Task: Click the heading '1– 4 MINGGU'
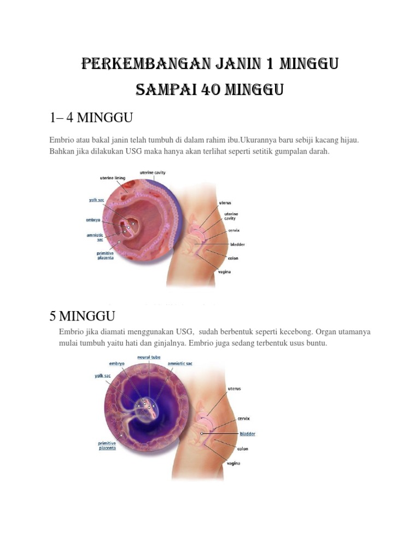[x=91, y=118]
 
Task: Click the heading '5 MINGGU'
[x=82, y=316]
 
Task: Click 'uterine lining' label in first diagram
[x=113, y=178]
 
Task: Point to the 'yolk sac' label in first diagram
[x=96, y=200]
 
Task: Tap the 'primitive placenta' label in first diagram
[x=106, y=255]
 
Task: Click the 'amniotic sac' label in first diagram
[x=95, y=237]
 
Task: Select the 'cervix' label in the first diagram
[x=234, y=230]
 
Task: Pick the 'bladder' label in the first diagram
[x=237, y=244]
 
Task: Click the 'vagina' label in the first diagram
[x=225, y=272]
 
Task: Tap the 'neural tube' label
[x=149, y=357]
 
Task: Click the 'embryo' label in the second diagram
[x=117, y=364]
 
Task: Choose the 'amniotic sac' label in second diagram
[x=180, y=364]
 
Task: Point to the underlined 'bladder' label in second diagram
[x=248, y=434]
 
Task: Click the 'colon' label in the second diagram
[x=243, y=449]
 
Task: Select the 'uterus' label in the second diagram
[x=234, y=389]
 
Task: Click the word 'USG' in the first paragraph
[x=133, y=151]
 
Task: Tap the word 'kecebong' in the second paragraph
[x=296, y=332]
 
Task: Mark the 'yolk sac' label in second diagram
[x=102, y=376]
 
